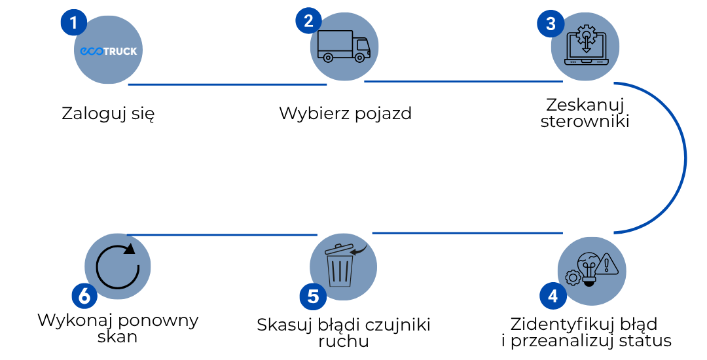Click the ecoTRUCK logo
[109, 51]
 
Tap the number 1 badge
[74, 24]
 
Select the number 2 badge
[308, 20]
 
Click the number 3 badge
[551, 24]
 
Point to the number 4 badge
[553, 297]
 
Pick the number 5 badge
[313, 297]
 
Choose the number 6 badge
[84, 296]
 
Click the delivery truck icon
[344, 46]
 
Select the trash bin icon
[340, 268]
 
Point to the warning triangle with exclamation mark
[608, 263]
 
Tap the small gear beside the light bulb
[573, 278]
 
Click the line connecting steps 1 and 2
[227, 84]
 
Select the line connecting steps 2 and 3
[463, 82]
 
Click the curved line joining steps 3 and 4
[685, 157]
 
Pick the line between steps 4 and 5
[467, 233]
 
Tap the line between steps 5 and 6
[223, 235]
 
